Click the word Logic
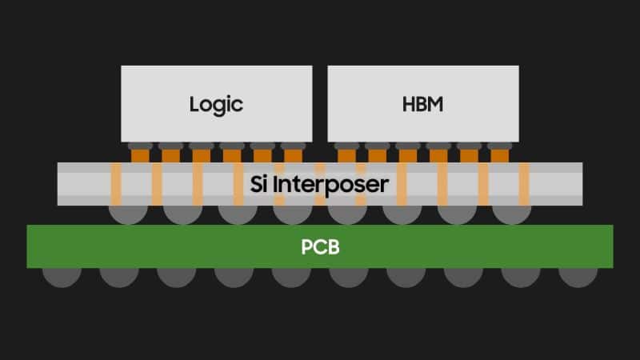click(216, 105)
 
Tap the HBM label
click(423, 104)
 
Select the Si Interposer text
click(319, 185)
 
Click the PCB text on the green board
click(321, 247)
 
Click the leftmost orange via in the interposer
click(116, 184)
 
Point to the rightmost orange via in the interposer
click(524, 184)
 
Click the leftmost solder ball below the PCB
click(62, 278)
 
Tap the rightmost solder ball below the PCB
click(578, 278)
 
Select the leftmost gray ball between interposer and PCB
click(128, 214)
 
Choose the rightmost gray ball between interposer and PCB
click(512, 214)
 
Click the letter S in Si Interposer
click(256, 185)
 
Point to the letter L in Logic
click(194, 104)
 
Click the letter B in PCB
click(333, 247)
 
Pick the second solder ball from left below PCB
click(119, 278)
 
